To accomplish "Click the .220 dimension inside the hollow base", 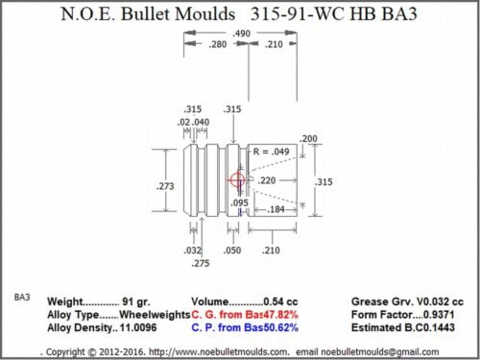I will [267, 180].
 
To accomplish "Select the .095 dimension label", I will [240, 203].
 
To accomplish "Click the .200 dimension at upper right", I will [309, 139].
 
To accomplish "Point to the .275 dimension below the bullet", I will [200, 262].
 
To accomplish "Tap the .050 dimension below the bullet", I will [232, 250].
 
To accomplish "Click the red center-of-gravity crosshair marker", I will [238, 180].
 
